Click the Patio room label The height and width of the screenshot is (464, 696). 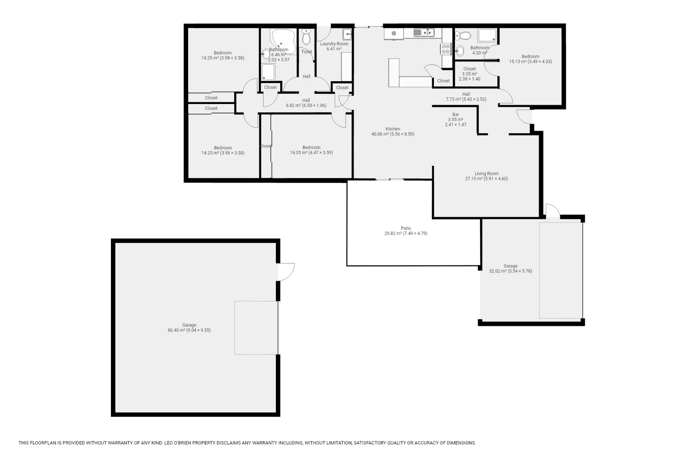pyautogui.click(x=406, y=229)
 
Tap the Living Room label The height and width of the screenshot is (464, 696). pyautogui.click(x=486, y=174)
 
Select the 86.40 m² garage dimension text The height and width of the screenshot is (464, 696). pyautogui.click(x=189, y=330)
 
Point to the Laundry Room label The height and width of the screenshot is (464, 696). pyautogui.click(x=334, y=44)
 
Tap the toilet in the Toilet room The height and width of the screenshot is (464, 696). pyautogui.click(x=306, y=37)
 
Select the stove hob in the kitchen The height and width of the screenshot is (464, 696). pyautogui.click(x=446, y=49)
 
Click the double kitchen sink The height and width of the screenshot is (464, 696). pyautogui.click(x=424, y=32)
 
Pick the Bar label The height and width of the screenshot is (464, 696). pyautogui.click(x=455, y=115)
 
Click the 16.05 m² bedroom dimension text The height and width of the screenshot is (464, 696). pyautogui.click(x=311, y=153)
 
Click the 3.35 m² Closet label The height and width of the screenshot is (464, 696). pyautogui.click(x=469, y=69)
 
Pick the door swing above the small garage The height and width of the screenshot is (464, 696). pyautogui.click(x=553, y=211)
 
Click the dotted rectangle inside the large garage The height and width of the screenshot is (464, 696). pyautogui.click(x=256, y=327)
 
